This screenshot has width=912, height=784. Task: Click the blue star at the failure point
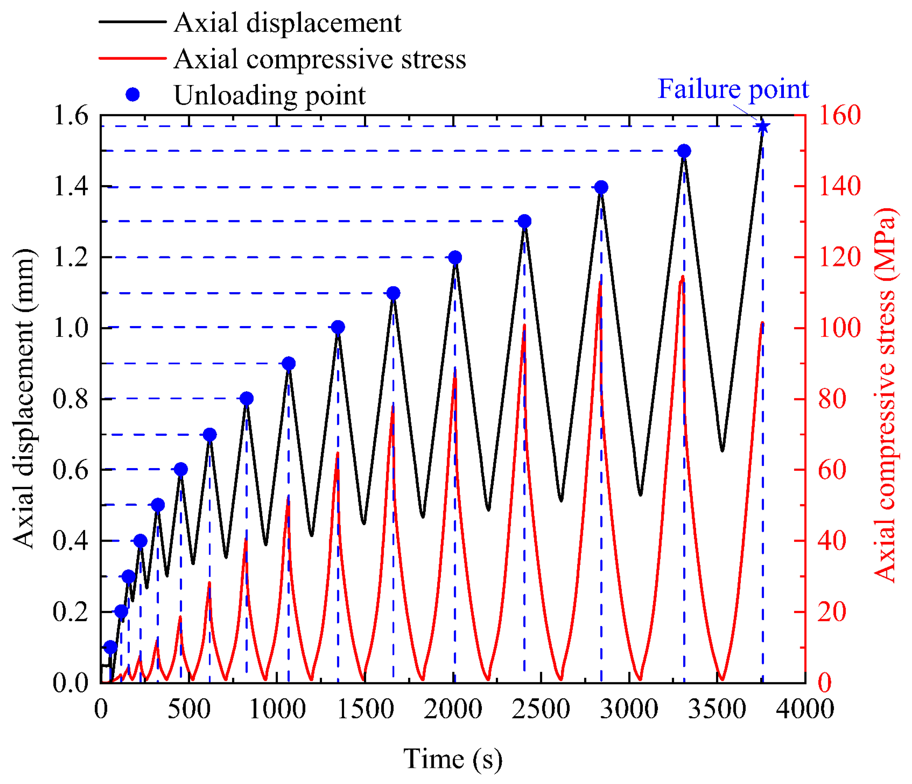(763, 127)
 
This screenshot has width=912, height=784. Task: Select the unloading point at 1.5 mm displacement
(684, 151)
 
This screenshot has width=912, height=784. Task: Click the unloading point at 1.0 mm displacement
(338, 327)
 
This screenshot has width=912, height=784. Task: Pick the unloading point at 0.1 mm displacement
(110, 647)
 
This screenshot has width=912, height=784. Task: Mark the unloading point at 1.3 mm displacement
(524, 221)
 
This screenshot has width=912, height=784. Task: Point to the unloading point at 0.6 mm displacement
(180, 469)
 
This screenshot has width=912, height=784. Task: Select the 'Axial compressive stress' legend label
(320, 59)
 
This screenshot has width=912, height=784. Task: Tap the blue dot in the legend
(133, 95)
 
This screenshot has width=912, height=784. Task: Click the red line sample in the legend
(133, 58)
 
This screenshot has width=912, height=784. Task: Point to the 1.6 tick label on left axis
(70, 116)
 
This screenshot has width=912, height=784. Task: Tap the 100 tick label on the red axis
(839, 328)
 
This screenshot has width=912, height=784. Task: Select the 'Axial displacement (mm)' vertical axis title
(24, 398)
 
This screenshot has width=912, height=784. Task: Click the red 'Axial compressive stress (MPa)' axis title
(885, 395)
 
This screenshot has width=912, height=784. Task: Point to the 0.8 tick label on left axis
(70, 399)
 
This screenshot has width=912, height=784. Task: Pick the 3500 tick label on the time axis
(717, 709)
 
